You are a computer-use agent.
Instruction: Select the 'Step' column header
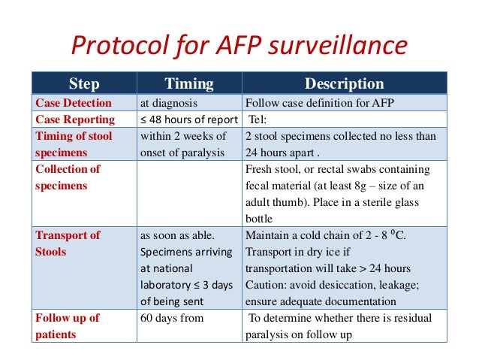pyautogui.click(x=83, y=83)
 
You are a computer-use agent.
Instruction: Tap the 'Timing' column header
pyautogui.click(x=189, y=83)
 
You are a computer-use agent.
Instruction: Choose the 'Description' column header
pyautogui.click(x=344, y=83)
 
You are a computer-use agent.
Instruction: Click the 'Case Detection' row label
pyautogui.click(x=74, y=103)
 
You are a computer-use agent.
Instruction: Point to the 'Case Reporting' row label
pyautogui.click(x=75, y=119)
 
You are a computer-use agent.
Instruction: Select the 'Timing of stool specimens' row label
pyautogui.click(x=74, y=144)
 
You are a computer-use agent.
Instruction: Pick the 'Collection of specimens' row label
pyautogui.click(x=68, y=177)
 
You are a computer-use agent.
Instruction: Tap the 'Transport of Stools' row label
pyautogui.click(x=68, y=243)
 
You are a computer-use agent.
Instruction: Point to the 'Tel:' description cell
pyautogui.click(x=258, y=119)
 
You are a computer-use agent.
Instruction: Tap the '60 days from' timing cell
pyautogui.click(x=174, y=318)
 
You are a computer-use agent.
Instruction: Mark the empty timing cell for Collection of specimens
pyautogui.click(x=189, y=193)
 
